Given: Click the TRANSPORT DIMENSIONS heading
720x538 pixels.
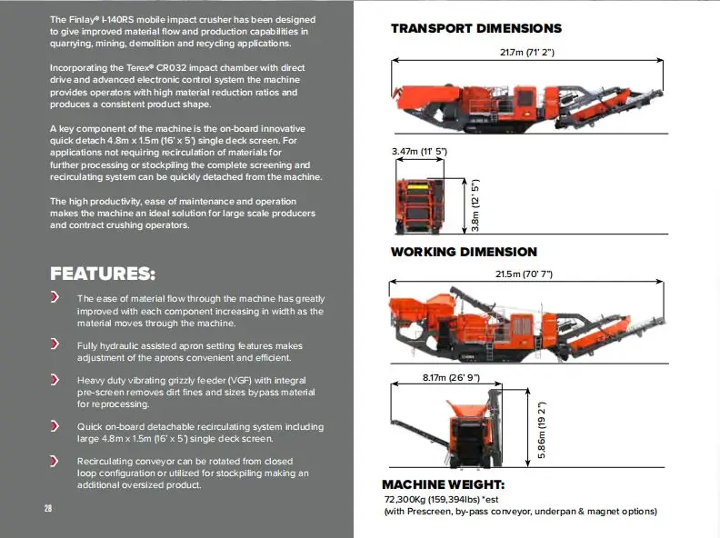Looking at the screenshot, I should coord(475,28).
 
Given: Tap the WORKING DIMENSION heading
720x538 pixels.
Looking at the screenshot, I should coord(464,252).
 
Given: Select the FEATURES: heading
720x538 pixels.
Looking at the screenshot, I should coord(103,274).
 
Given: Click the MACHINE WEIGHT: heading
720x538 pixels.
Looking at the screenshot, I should coord(443,485).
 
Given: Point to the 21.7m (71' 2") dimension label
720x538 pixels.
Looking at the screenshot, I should coord(526,52).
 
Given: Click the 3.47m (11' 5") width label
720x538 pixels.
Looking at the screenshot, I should coord(419,151).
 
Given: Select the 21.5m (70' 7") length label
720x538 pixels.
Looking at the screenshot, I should coord(525,274).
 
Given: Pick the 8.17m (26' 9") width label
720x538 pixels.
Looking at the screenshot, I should coord(451,377).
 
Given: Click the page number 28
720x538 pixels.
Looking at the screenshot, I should coord(48,508).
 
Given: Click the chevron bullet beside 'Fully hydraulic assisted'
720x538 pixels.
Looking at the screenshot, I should coord(55,344).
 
